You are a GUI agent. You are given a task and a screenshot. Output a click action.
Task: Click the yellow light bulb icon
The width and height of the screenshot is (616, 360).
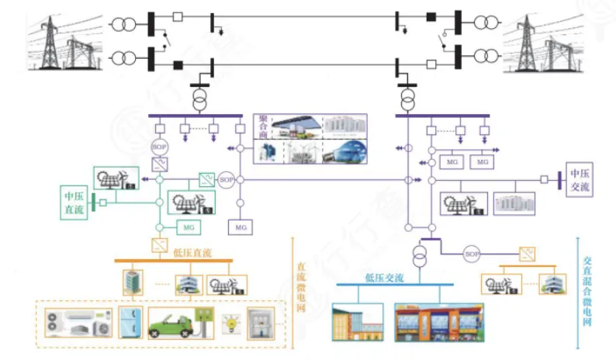tap(229, 323)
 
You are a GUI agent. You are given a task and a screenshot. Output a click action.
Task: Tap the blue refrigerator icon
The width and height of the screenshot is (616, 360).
tap(127, 324)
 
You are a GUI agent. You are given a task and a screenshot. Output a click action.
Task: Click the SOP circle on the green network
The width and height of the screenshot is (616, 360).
tap(227, 180)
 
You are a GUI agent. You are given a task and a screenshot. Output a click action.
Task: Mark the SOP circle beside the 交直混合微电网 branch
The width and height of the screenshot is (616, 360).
tap(472, 253)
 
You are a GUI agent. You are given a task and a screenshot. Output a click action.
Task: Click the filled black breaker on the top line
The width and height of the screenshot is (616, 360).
tap(432, 16)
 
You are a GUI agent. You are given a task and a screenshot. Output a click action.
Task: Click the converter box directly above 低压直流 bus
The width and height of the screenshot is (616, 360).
tap(159, 244)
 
